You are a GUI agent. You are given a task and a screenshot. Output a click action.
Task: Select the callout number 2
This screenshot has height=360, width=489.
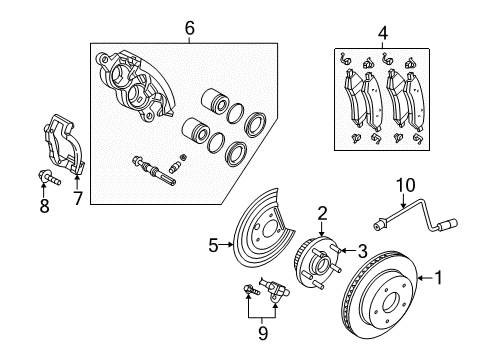(x=322, y=211)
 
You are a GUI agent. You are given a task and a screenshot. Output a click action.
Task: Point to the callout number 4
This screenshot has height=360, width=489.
(x=382, y=35)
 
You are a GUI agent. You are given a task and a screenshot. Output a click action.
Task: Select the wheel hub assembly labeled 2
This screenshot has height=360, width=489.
(x=318, y=269)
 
